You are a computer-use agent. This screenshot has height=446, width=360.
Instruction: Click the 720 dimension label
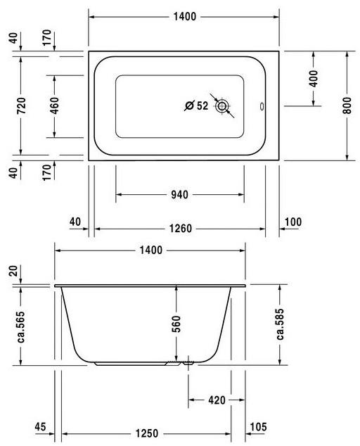[x=21, y=106]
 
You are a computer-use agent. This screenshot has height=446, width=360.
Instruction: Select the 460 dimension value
[x=55, y=106]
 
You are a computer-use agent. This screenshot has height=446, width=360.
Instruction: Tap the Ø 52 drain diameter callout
[x=196, y=106]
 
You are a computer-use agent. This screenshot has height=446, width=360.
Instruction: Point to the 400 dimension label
[x=314, y=77]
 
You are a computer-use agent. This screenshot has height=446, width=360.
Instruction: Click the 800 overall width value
[x=347, y=106]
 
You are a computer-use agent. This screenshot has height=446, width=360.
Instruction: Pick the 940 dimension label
[x=179, y=195]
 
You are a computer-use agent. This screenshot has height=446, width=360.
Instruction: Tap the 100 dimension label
[x=293, y=222]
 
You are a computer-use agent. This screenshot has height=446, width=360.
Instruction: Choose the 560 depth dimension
[x=176, y=324]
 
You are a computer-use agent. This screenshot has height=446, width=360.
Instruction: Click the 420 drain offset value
[x=217, y=400]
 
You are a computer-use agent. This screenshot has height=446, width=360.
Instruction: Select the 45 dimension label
[x=39, y=427]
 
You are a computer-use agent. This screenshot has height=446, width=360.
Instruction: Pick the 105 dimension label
[x=259, y=427]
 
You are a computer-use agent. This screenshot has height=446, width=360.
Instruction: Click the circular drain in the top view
[x=223, y=107]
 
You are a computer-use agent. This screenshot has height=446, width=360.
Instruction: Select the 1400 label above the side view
[x=150, y=250]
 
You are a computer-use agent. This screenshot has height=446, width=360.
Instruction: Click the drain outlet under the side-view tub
[x=188, y=364]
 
